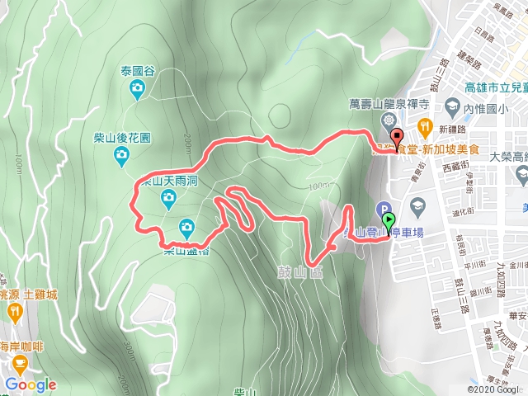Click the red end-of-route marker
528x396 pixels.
pyautogui.click(x=397, y=139)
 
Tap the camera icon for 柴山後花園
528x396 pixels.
pyautogui.click(x=121, y=154)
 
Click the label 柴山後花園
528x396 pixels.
pyautogui.click(x=122, y=137)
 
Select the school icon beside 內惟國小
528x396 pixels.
pyautogui.click(x=451, y=107)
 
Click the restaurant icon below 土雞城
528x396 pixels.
pyautogui.click(x=16, y=312)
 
